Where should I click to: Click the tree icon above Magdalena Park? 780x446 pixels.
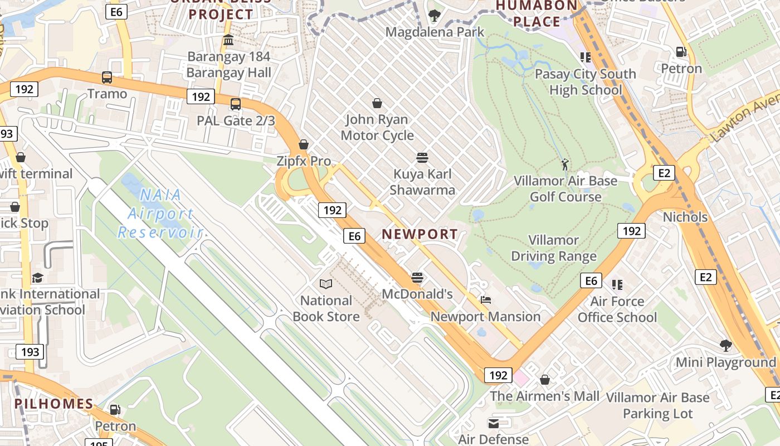pyautogui.click(x=434, y=16)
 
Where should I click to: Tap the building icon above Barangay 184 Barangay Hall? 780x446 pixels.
pyautogui.click(x=228, y=40)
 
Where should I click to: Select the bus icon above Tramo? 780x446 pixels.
pyautogui.click(x=106, y=77)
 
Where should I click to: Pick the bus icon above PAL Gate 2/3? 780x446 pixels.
pyautogui.click(x=236, y=104)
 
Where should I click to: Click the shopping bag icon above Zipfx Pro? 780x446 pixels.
pyautogui.click(x=304, y=145)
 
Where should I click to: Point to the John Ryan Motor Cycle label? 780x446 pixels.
pyautogui.click(x=377, y=127)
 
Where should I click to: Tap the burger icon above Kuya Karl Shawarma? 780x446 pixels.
pyautogui.click(x=422, y=158)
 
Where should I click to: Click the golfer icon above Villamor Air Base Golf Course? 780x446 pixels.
pyautogui.click(x=565, y=164)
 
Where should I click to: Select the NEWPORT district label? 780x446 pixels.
pyautogui.click(x=420, y=235)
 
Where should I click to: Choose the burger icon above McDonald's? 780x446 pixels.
pyautogui.click(x=417, y=278)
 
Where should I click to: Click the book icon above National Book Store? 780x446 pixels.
pyautogui.click(x=326, y=284)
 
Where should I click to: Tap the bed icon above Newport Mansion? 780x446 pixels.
pyautogui.click(x=485, y=300)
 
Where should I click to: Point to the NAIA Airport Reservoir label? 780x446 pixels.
pyautogui.click(x=160, y=214)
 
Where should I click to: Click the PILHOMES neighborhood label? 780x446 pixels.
pyautogui.click(x=53, y=404)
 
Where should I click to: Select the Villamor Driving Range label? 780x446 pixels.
pyautogui.click(x=554, y=248)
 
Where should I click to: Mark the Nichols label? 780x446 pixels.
pyautogui.click(x=685, y=217)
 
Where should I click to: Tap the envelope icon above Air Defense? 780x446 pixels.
pyautogui.click(x=493, y=423)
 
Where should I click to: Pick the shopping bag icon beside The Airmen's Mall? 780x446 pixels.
pyautogui.click(x=545, y=380)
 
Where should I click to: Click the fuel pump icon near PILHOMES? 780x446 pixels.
pyautogui.click(x=115, y=410)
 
